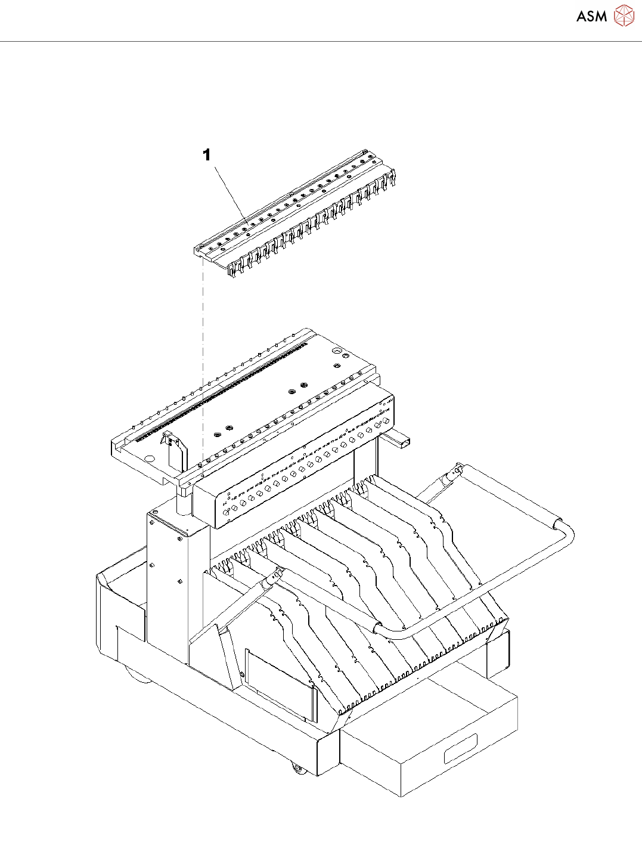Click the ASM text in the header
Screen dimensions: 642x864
pyautogui.click(x=591, y=17)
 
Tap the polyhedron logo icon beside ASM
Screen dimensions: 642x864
pyautogui.click(x=624, y=16)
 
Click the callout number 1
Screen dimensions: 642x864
pyautogui.click(x=207, y=156)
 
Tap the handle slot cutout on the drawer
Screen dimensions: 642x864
pyautogui.click(x=460, y=748)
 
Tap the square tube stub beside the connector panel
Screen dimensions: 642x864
pyautogui.click(x=398, y=441)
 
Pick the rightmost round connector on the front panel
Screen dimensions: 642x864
pyautogui.click(x=387, y=420)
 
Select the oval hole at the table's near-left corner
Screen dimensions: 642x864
pyautogui.click(x=150, y=459)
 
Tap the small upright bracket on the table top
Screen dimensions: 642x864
pyautogui.click(x=173, y=450)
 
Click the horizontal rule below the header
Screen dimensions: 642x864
pyautogui.click(x=321, y=42)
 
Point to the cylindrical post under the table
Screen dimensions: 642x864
pyautogui.click(x=182, y=504)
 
